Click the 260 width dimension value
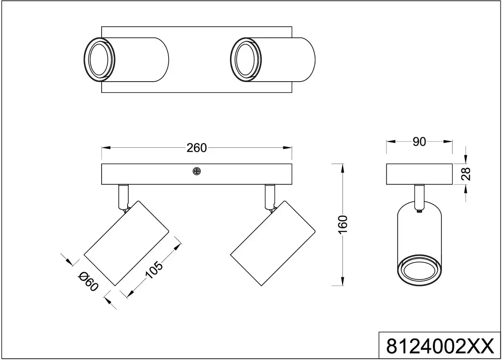(197, 148)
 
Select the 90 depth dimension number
(419, 142)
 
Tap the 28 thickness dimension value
(466, 174)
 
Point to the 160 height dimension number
(343, 225)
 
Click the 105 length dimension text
(154, 270)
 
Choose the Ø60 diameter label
(88, 282)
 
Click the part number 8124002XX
(440, 346)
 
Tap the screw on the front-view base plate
(197, 171)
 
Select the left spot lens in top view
(100, 60)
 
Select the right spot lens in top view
(246, 60)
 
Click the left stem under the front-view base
(123, 197)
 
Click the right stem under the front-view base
(270, 197)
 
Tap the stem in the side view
(419, 198)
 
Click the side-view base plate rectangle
(419, 174)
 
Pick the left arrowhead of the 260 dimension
(106, 148)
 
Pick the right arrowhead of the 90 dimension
(448, 141)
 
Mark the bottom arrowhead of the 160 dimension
(343, 281)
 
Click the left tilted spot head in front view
(126, 243)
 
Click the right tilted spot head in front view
(273, 243)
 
